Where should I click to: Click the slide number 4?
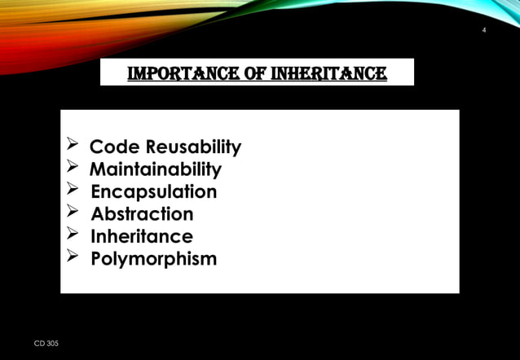click(484, 31)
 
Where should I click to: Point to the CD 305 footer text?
click(46, 345)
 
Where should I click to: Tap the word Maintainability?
click(155, 169)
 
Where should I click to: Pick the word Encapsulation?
click(153, 192)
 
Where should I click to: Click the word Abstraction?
click(142, 214)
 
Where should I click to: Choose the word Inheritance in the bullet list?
click(142, 237)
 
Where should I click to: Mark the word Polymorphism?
click(153, 259)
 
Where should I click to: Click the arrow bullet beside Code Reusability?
click(72, 147)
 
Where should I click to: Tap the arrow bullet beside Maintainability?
click(72, 169)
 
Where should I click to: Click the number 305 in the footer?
click(52, 345)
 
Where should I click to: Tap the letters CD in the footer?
click(39, 345)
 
